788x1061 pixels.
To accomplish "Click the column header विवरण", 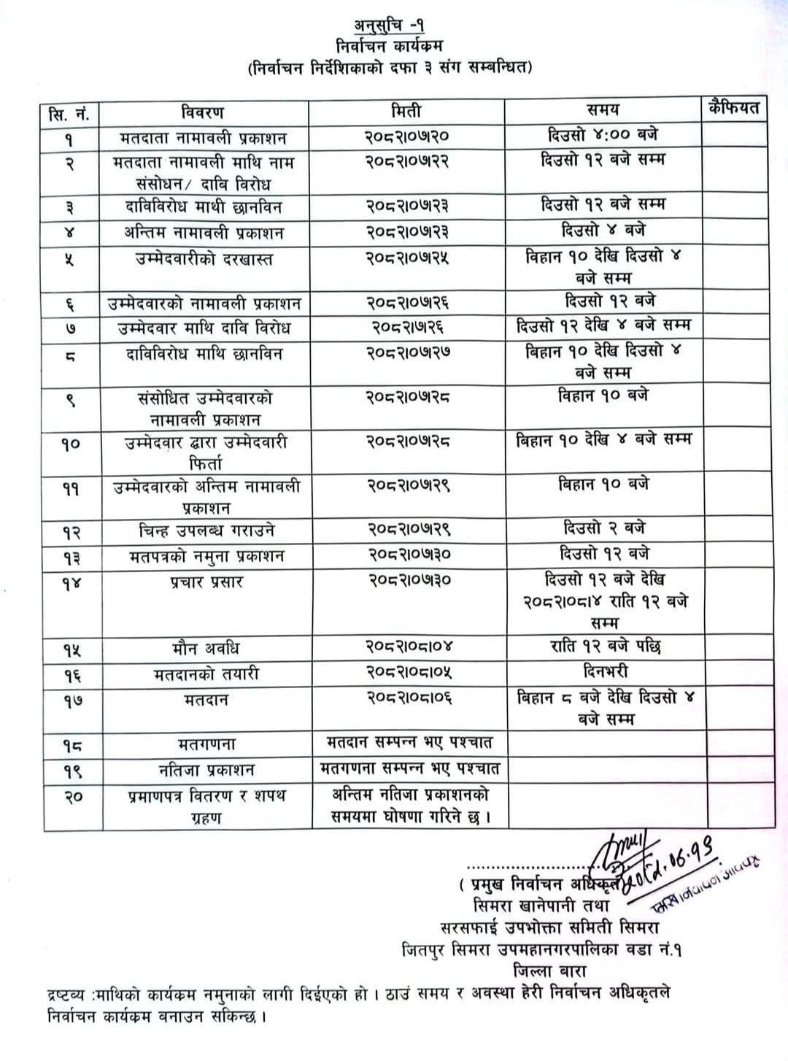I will [202, 112].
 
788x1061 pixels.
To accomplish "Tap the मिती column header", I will [406, 112].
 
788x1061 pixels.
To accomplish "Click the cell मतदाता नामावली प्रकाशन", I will [204, 138].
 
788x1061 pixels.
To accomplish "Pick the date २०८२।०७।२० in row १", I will [406, 136].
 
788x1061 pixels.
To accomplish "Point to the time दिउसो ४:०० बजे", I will [603, 135].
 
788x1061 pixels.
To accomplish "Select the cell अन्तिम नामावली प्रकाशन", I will [204, 234].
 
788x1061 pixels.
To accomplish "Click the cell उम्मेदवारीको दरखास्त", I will [204, 259].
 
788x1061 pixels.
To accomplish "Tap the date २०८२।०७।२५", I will [406, 258].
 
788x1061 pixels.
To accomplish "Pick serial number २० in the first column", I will [71, 797].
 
